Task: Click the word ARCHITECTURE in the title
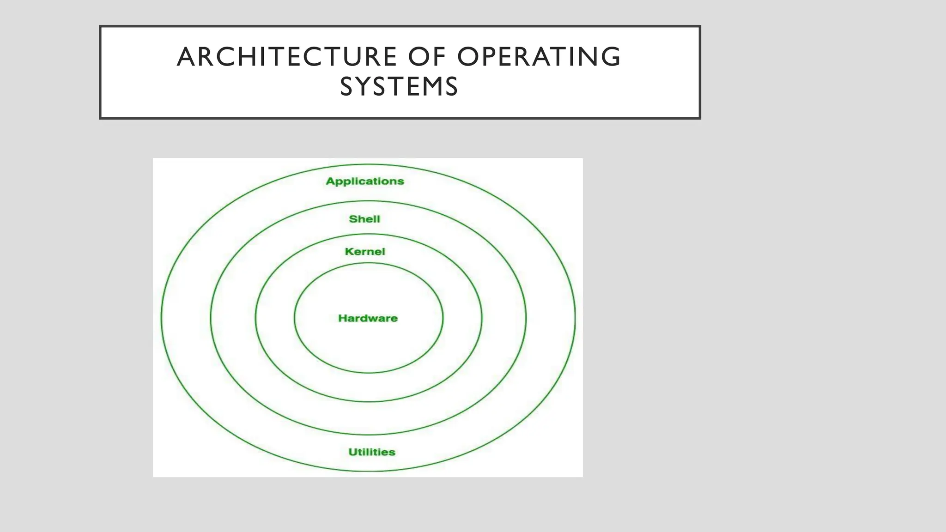click(x=287, y=57)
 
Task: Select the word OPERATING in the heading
click(x=539, y=57)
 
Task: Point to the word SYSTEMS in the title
click(x=399, y=87)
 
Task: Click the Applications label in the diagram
click(x=365, y=181)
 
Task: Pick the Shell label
click(x=364, y=219)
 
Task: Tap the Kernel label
click(x=365, y=252)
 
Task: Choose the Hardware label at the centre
click(x=368, y=318)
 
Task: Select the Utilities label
click(x=372, y=452)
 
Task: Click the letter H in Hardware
click(x=342, y=318)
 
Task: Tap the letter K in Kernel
click(x=349, y=252)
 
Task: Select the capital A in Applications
click(x=330, y=181)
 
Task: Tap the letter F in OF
click(x=441, y=57)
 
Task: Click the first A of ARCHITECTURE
click(x=187, y=57)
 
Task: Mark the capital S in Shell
click(x=353, y=219)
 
